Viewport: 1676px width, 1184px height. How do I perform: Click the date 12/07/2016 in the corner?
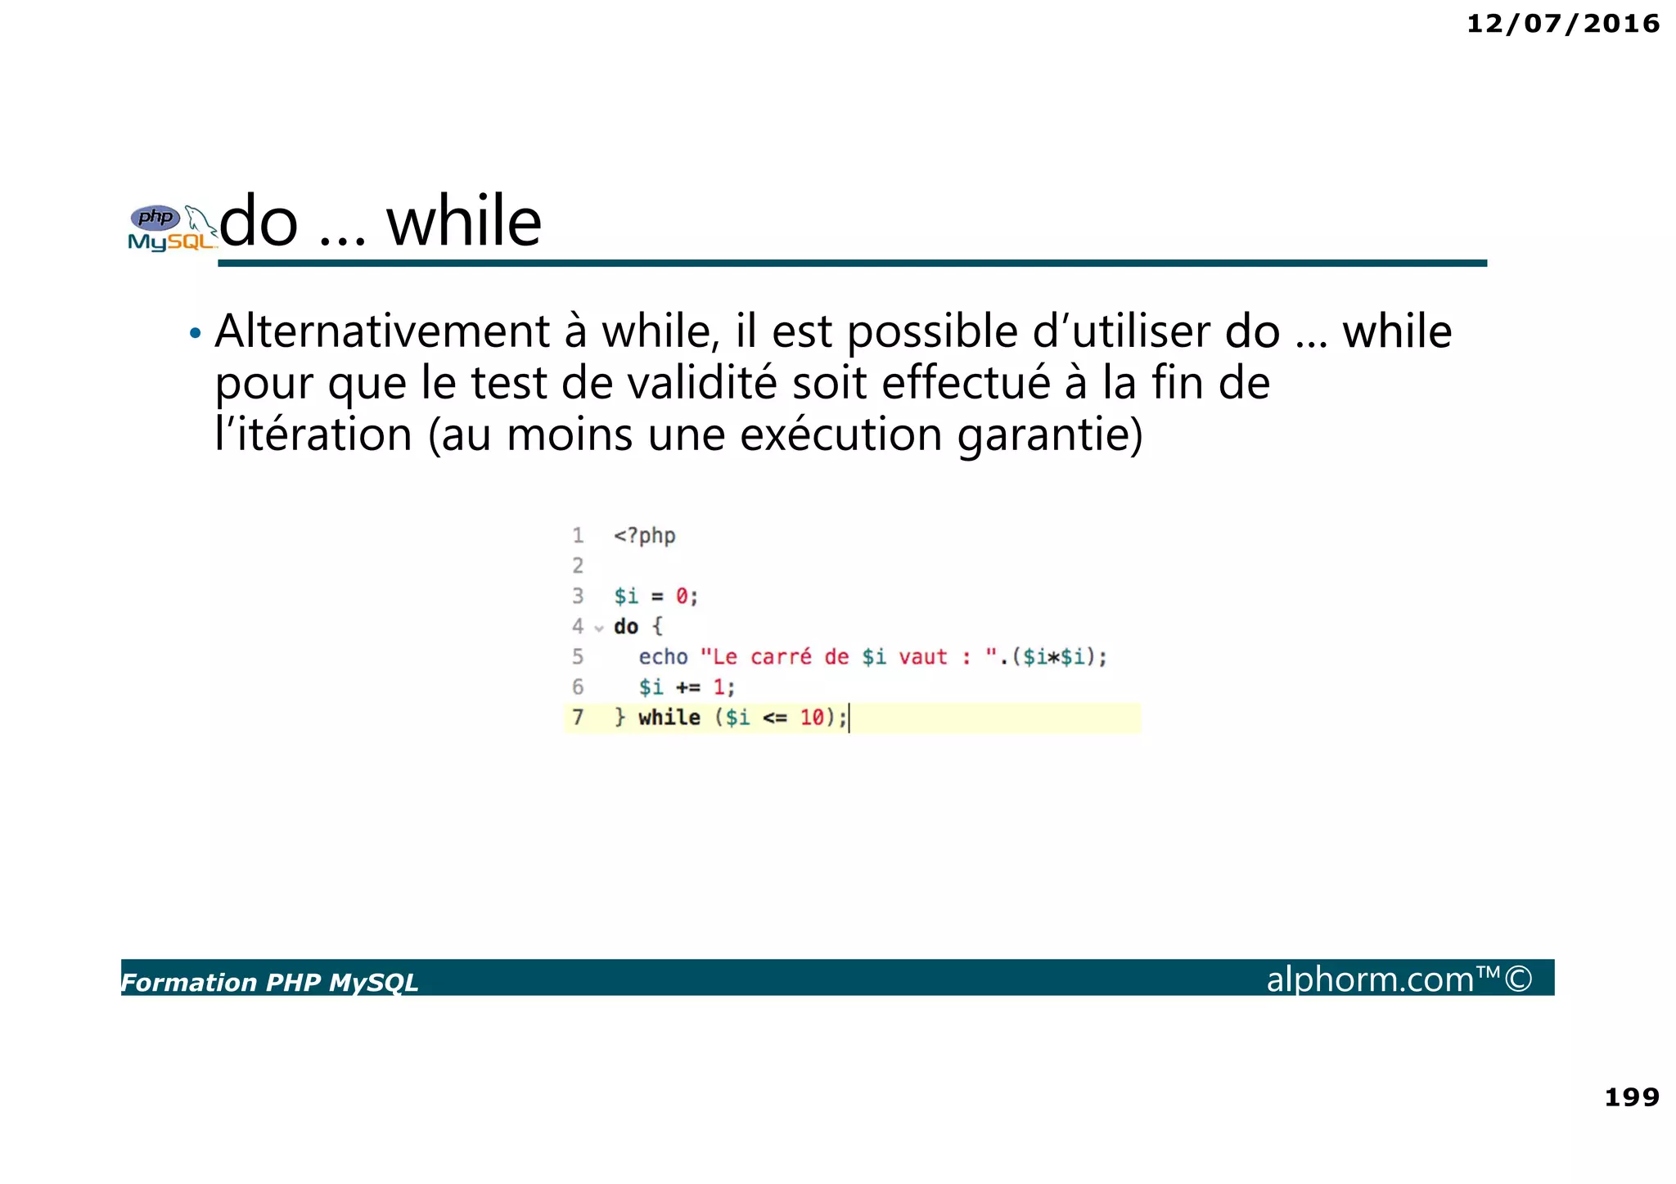pyautogui.click(x=1562, y=24)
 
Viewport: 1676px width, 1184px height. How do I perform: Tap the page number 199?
pyautogui.click(x=1631, y=1096)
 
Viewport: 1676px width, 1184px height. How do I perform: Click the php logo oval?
pyautogui.click(x=155, y=218)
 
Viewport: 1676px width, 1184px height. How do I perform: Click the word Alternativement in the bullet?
pyautogui.click(x=382, y=332)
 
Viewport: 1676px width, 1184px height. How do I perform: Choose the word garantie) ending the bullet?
pyautogui.click(x=1050, y=434)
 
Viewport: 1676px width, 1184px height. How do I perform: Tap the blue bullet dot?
pyautogui.click(x=195, y=334)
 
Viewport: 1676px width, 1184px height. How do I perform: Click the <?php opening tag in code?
pyautogui.click(x=644, y=536)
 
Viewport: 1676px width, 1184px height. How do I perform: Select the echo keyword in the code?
pyautogui.click(x=663, y=657)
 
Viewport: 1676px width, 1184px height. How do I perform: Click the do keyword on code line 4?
pyautogui.click(x=626, y=627)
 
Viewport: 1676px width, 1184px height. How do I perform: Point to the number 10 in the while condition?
pyautogui.click(x=812, y=718)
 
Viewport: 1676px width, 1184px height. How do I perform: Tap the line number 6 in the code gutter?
pyautogui.click(x=578, y=687)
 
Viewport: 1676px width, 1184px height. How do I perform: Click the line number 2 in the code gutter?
pyautogui.click(x=578, y=565)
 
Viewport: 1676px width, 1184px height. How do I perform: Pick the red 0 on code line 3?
pyautogui.click(x=682, y=597)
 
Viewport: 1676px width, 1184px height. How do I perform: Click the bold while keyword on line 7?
pyautogui.click(x=669, y=718)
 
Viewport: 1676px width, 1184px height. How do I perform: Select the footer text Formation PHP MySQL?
pyautogui.click(x=269, y=982)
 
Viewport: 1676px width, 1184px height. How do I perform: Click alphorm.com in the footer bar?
pyautogui.click(x=1371, y=979)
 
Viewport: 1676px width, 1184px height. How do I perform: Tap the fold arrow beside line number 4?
pyautogui.click(x=599, y=628)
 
